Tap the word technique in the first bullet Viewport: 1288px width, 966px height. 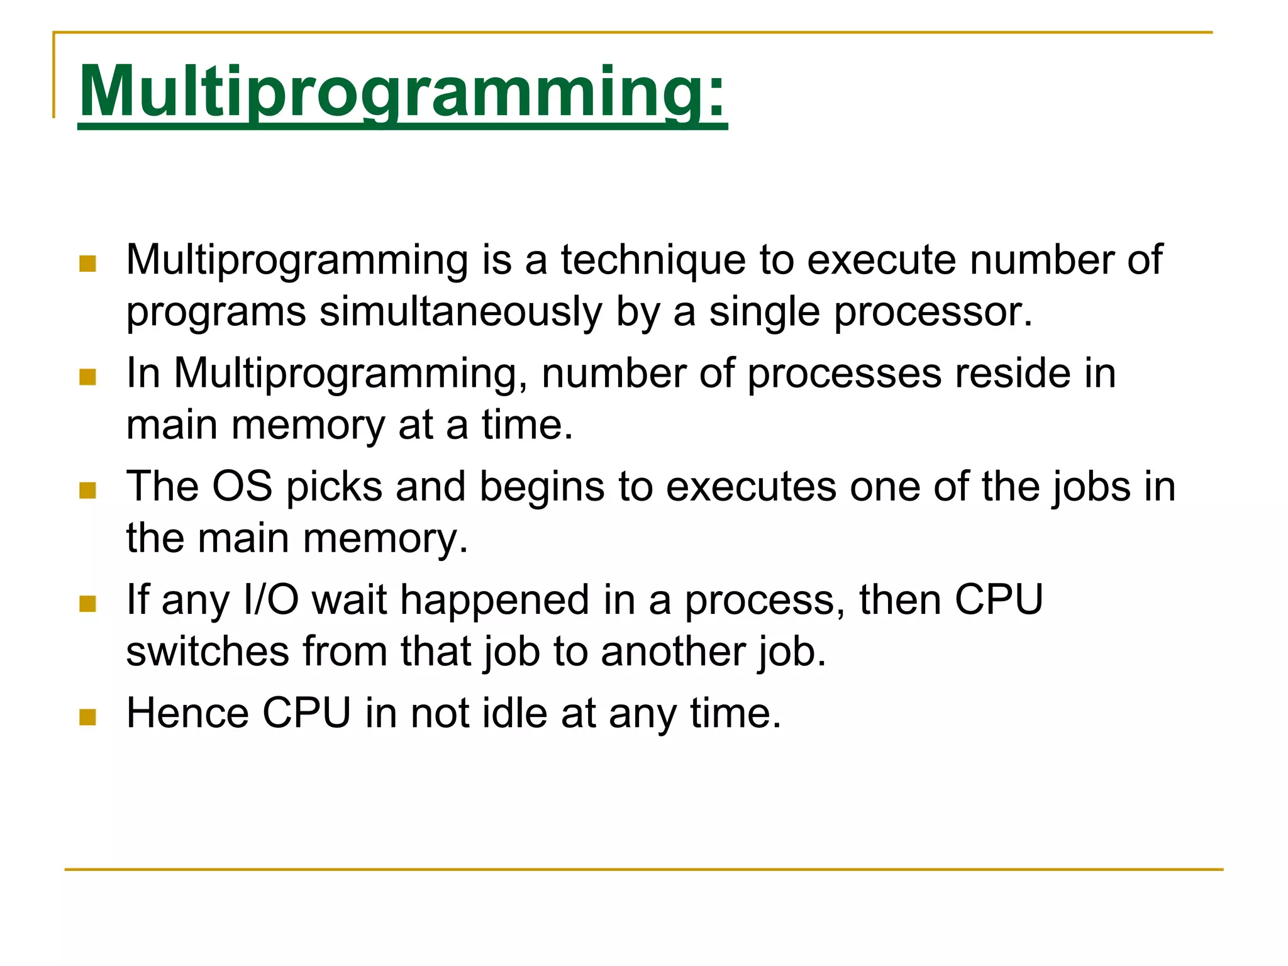tap(653, 260)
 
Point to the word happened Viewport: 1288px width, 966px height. tap(495, 601)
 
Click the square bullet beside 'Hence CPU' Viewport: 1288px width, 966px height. tap(88, 717)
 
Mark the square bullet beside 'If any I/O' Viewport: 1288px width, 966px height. tap(88, 604)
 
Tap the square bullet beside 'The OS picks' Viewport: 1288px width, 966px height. tap(88, 490)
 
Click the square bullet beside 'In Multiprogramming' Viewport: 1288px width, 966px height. tap(88, 377)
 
